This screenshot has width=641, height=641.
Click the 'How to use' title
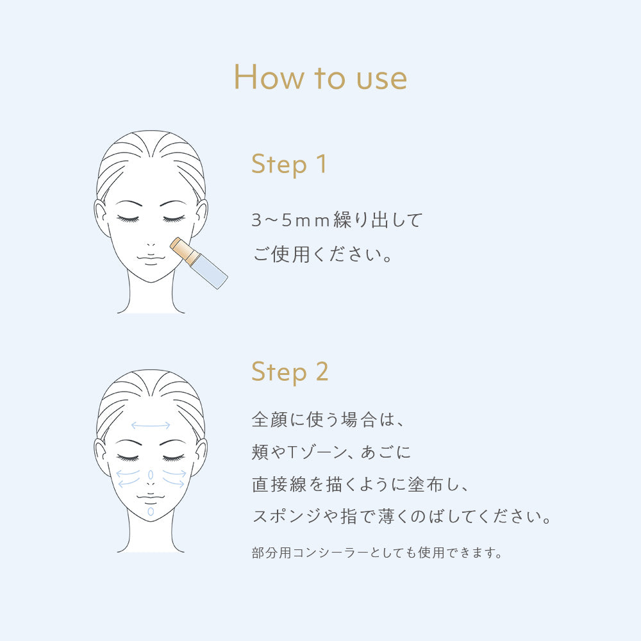click(320, 77)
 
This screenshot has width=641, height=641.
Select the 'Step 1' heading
click(289, 164)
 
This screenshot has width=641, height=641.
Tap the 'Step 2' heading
click(290, 372)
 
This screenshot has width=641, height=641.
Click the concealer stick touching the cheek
click(199, 263)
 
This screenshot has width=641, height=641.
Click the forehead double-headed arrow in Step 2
click(151, 426)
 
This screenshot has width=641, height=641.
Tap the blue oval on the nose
click(151, 474)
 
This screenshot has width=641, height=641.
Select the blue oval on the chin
click(151, 512)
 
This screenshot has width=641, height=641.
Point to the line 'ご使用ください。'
click(322, 254)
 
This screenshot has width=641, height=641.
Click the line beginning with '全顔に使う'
click(328, 420)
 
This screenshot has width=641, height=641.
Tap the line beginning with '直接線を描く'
click(360, 485)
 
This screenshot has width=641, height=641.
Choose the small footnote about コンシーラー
click(376, 553)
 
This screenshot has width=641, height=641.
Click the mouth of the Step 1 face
click(151, 258)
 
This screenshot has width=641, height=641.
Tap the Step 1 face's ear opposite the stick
click(101, 216)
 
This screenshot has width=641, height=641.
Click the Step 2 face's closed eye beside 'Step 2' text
click(174, 458)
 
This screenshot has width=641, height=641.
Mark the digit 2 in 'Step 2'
click(322, 371)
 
